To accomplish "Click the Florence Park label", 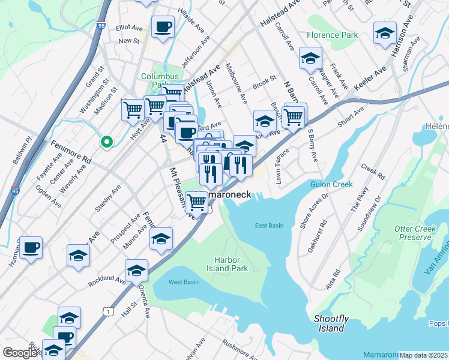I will (x=332, y=35).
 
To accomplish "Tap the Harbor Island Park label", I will (x=231, y=264).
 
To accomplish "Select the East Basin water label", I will (x=268, y=226).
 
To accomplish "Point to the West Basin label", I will (x=183, y=282).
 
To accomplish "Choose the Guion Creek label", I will (x=331, y=184).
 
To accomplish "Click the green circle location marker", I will (x=106, y=142).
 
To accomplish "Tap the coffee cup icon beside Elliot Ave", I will (x=163, y=28).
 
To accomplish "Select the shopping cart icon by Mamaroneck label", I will (x=197, y=203).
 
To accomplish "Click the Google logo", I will (x=20, y=353).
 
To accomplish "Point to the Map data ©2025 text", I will (x=423, y=355).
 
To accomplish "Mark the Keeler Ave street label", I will (x=369, y=80).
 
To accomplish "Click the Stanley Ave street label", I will (x=108, y=198).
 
